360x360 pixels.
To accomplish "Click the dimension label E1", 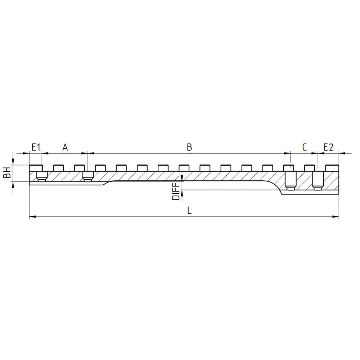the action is (36, 147).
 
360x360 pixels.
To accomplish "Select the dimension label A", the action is (65, 147).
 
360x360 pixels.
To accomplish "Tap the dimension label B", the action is (189, 147).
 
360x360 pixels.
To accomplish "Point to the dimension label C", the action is (304, 147).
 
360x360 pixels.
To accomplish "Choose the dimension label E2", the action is (328, 147).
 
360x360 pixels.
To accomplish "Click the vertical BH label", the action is (6, 173).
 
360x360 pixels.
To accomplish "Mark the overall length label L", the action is (189, 211).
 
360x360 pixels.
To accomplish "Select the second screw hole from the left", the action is (88, 176).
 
